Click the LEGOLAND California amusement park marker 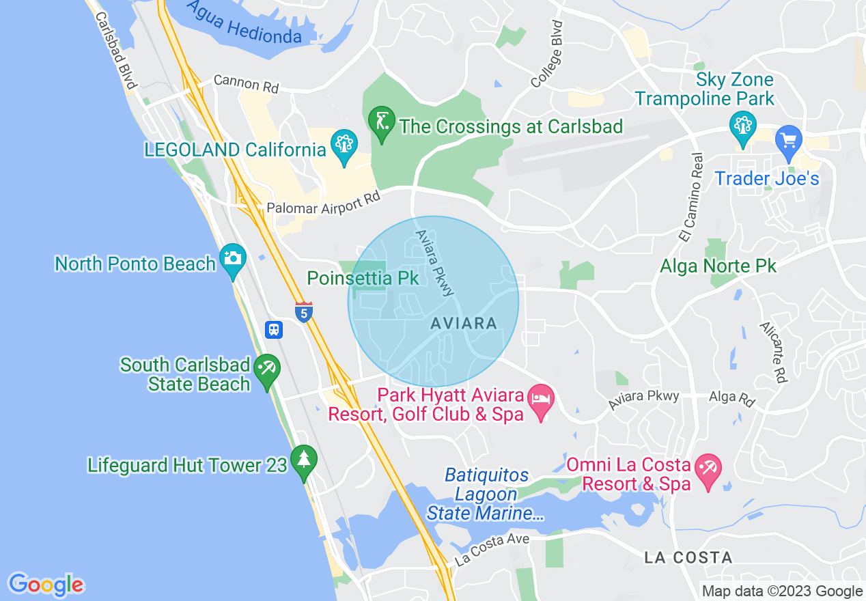tap(344, 145)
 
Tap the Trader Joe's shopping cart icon tap(789, 140)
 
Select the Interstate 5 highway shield tap(304, 312)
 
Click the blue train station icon tap(274, 330)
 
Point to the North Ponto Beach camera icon tap(233, 260)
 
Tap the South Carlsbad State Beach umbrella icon tap(266, 369)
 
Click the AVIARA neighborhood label tap(464, 324)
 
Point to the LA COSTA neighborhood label tap(688, 558)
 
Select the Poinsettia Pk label tap(363, 279)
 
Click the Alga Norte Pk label tap(718, 266)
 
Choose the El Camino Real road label tap(691, 197)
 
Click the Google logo tap(46, 585)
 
